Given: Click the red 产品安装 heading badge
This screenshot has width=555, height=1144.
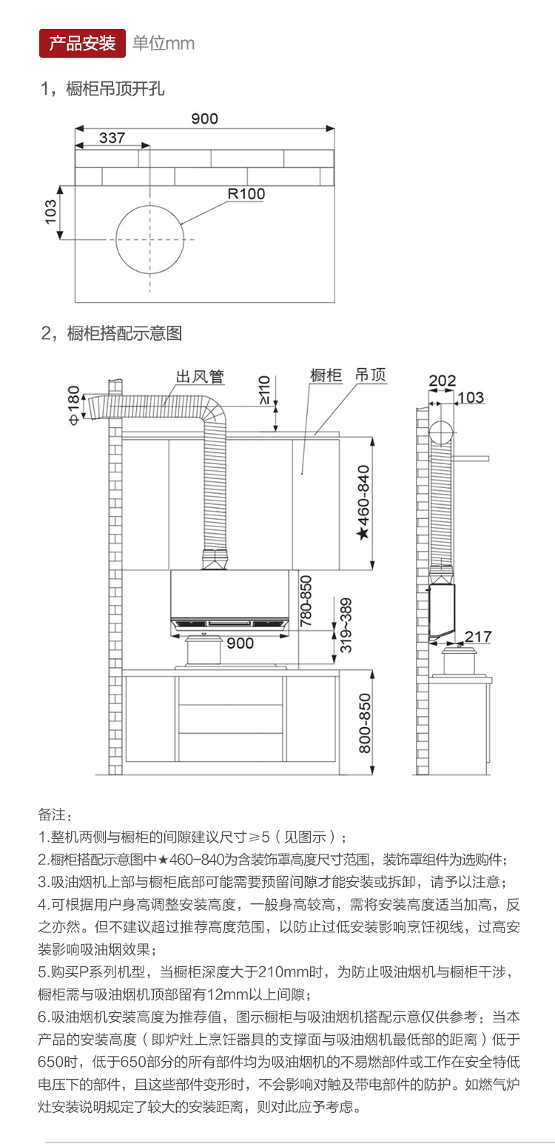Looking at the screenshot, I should tap(82, 43).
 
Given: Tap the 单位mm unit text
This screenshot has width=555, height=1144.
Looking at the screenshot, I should tap(164, 44).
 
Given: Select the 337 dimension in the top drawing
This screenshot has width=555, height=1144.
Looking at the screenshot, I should tap(112, 138).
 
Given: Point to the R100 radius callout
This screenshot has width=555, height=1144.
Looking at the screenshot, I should tap(246, 194).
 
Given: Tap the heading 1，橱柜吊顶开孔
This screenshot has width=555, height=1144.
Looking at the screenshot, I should tap(103, 90).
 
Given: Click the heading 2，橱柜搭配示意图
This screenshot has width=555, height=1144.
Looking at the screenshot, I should tap(111, 333).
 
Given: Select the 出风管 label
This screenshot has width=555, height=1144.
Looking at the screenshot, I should tap(199, 376).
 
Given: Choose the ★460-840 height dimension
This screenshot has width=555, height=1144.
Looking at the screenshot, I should tap(363, 504).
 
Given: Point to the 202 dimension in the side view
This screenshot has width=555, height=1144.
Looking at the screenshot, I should tap(442, 381).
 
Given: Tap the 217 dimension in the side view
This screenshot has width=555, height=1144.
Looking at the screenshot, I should tap(477, 636).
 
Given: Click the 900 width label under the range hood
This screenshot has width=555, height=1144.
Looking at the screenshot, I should tap(240, 643).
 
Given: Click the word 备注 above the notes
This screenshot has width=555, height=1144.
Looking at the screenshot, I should tap(55, 814).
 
